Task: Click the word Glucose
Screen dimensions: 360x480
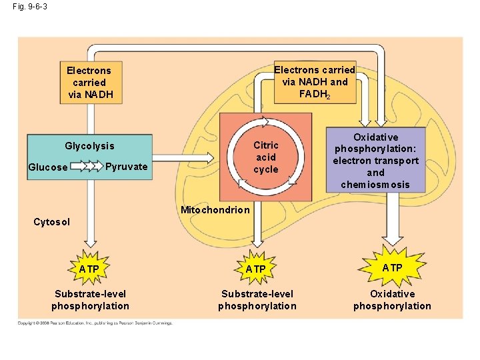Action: click(47, 167)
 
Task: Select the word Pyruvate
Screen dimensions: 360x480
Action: click(127, 167)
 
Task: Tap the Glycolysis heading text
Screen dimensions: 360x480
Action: click(89, 146)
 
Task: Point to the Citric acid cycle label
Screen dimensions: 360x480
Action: click(266, 157)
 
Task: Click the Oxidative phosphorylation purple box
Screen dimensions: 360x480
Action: click(376, 161)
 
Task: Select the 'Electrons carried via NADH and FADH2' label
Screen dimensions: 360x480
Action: click(315, 82)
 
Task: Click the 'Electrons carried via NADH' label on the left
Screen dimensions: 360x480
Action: click(89, 82)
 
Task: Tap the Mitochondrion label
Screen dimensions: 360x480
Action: click(215, 210)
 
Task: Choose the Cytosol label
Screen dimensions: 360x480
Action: click(51, 221)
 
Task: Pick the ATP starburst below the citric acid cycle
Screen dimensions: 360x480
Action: click(256, 269)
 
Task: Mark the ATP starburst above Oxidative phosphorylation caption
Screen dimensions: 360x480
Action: click(392, 267)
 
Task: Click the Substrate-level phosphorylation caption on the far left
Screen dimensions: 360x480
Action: click(90, 300)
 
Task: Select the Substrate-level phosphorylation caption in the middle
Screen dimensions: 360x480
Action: click(257, 300)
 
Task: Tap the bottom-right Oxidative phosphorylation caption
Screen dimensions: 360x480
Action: click(392, 300)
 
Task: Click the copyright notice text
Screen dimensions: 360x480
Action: click(95, 323)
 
